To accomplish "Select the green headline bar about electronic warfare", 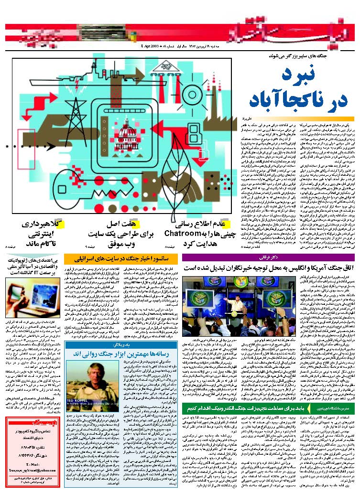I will (247, 407).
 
